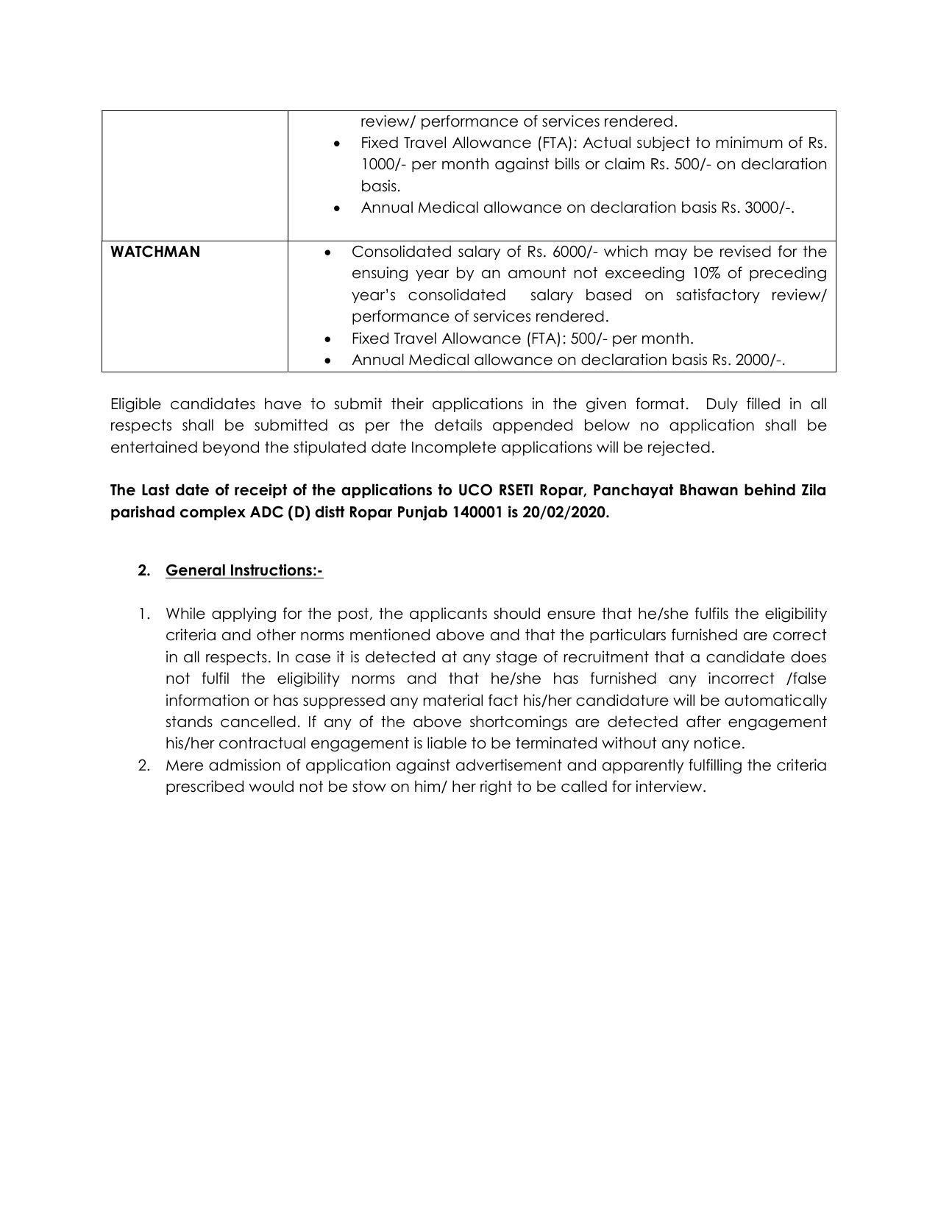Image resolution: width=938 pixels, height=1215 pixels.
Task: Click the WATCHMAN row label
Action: click(x=154, y=252)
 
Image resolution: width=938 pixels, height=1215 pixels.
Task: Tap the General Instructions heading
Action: click(x=244, y=570)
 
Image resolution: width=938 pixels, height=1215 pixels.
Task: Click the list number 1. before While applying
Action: click(x=144, y=614)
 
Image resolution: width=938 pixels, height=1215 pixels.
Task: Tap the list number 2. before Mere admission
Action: click(x=144, y=765)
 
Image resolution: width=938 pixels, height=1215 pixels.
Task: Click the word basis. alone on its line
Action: click(x=380, y=186)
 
